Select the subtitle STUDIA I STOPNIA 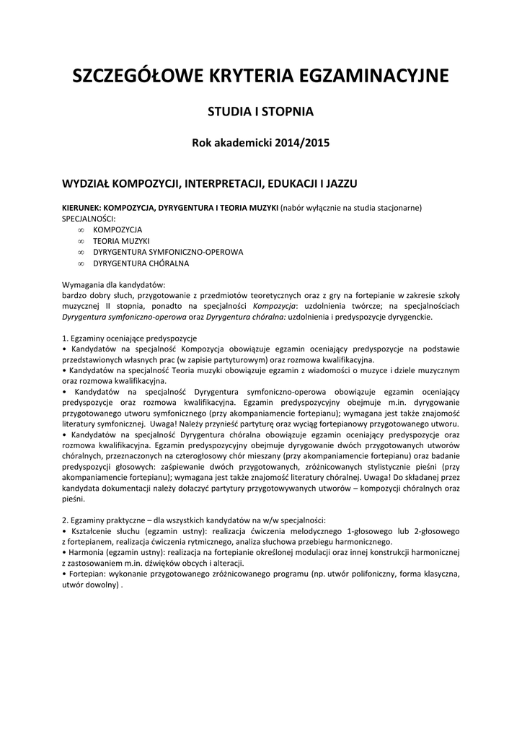click(260, 112)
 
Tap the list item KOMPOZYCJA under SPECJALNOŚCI click(118, 229)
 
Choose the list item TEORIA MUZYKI click(121, 240)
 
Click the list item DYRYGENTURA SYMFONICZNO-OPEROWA click(168, 252)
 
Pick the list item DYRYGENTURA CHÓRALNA click(141, 263)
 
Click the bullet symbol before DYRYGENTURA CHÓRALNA click(80, 263)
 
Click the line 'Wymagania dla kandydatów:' click(114, 284)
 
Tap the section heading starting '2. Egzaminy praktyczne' click(194, 520)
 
